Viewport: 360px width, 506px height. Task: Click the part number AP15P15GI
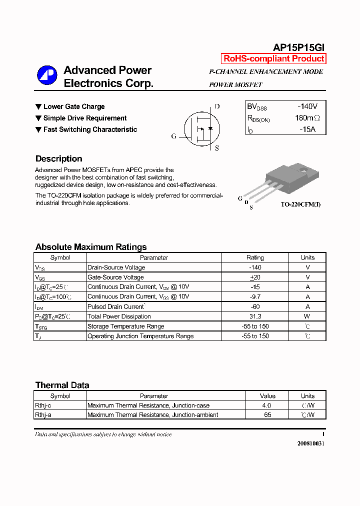tap(299, 47)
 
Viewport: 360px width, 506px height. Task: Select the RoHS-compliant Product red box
tap(273, 58)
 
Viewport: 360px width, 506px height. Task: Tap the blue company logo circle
tap(47, 75)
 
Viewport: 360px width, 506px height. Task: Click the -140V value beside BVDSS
tap(307, 106)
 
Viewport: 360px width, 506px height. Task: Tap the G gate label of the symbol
tap(173, 136)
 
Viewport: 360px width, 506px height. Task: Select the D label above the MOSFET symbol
tap(217, 106)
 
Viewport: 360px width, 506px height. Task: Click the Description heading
tap(58, 159)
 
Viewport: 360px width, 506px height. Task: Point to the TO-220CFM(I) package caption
tap(300, 204)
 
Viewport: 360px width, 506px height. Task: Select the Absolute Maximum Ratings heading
tap(91, 247)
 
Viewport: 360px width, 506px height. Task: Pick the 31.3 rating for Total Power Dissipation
tap(255, 316)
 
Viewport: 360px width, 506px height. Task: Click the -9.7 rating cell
tap(255, 296)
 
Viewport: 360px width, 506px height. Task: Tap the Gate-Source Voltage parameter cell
tap(115, 277)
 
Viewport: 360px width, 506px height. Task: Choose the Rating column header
tap(255, 257)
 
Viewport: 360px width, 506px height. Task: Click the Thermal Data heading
tap(62, 385)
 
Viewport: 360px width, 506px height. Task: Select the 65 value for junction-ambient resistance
tap(267, 415)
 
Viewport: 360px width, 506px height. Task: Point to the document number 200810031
tap(310, 443)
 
